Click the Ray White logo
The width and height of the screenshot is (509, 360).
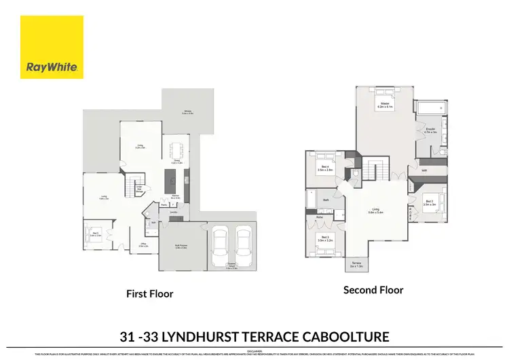tap(52, 47)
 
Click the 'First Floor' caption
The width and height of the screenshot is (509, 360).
tap(149, 294)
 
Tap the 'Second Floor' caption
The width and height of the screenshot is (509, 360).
tap(373, 290)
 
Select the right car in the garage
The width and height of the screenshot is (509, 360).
tap(244, 247)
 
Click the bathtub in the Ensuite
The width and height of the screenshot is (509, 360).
tap(429, 109)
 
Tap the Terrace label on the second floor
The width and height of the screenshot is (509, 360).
tap(356, 266)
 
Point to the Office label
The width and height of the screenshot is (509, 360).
tap(143, 245)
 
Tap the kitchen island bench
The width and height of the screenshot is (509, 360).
tap(170, 179)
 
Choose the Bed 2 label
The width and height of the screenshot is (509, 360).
tap(429, 202)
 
